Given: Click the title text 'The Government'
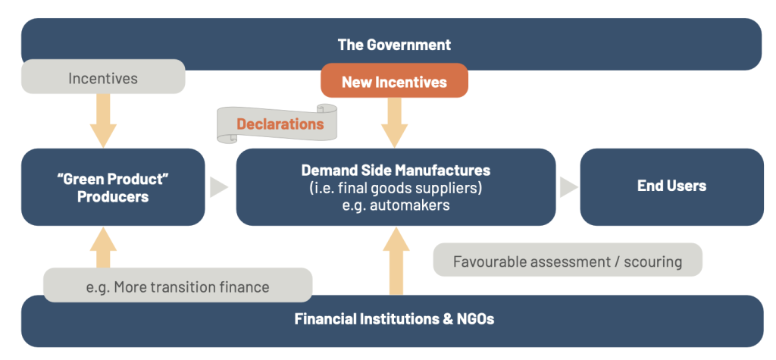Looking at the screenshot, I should [x=394, y=44].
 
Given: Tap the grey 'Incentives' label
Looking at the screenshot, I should [x=103, y=78].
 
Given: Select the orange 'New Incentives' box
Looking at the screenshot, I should [x=394, y=81].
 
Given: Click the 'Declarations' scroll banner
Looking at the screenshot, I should [x=279, y=124].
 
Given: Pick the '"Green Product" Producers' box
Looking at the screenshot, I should [x=113, y=187].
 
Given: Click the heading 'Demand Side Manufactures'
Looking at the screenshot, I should [x=396, y=171].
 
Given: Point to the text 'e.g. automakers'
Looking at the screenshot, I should [x=396, y=205].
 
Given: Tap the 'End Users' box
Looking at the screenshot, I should [x=671, y=186].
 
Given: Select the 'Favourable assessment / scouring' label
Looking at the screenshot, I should [x=568, y=261].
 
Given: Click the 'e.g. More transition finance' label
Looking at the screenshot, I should [x=177, y=286].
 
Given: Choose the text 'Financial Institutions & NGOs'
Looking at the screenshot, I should [x=394, y=319].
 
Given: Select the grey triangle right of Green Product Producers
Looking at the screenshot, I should [x=218, y=187].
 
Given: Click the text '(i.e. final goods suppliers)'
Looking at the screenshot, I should [x=396, y=187].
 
